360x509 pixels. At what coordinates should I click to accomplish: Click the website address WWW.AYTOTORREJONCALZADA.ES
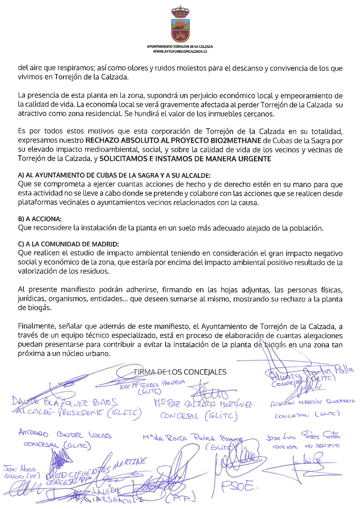[x=180, y=51]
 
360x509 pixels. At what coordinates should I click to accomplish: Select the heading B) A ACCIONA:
[x=40, y=219]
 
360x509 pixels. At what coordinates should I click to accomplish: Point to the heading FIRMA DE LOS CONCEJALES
[x=180, y=372]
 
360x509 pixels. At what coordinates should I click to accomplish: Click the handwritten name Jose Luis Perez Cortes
[x=303, y=436]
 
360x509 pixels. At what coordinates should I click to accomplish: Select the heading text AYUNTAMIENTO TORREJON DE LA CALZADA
[x=180, y=46]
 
